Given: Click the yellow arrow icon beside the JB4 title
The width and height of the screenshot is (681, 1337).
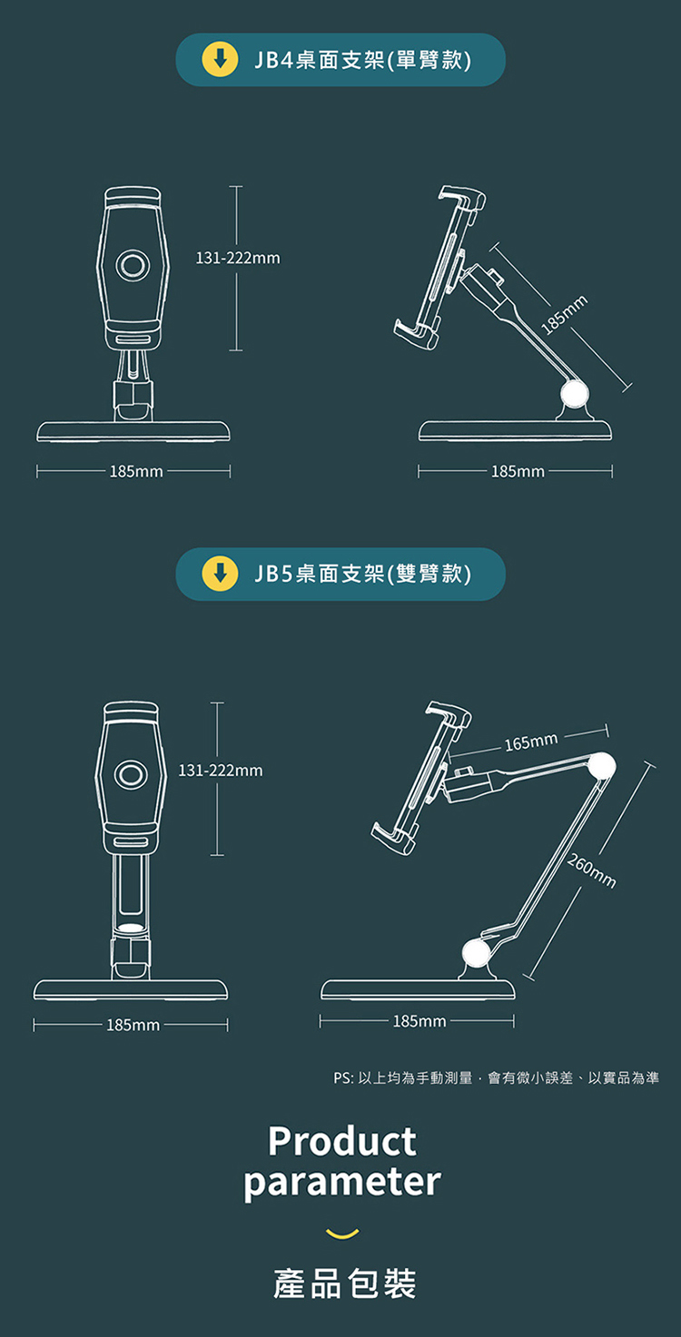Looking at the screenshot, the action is [221, 60].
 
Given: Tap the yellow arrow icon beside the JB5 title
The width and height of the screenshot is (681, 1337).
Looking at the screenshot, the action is [221, 574].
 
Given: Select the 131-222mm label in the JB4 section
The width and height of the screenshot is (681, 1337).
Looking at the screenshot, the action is [238, 258].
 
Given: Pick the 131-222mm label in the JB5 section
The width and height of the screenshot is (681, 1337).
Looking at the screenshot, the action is [221, 771].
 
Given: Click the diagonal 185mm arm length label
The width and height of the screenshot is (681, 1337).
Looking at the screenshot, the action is [564, 314].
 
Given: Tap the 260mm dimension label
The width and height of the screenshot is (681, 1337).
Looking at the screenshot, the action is [591, 871].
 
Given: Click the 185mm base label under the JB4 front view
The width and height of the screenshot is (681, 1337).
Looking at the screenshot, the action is [136, 471].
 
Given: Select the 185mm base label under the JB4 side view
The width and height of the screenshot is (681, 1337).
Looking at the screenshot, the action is [518, 471].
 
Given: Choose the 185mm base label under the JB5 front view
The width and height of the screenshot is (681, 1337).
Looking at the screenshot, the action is [133, 1026].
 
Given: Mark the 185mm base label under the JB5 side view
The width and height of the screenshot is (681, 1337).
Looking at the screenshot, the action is [419, 1021].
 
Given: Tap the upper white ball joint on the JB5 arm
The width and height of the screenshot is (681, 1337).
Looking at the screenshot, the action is [602, 766].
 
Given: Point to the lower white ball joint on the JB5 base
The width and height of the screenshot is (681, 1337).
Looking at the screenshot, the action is [477, 952].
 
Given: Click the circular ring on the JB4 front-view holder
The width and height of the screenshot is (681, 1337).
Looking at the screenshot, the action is [133, 264].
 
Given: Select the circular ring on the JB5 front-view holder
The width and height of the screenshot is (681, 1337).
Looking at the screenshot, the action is [131, 775].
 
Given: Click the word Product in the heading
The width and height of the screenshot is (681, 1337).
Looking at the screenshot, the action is [342, 1141].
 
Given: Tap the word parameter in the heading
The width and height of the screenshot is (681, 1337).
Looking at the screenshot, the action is [342, 1183].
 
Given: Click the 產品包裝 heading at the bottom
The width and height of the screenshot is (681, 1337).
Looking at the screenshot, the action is [344, 1283].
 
